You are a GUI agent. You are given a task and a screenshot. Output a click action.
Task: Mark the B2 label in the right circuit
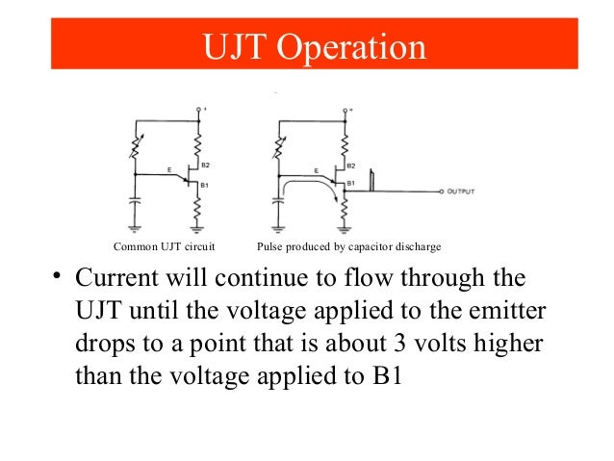point(351,166)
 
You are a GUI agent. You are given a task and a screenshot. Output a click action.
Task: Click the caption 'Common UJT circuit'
point(164,247)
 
